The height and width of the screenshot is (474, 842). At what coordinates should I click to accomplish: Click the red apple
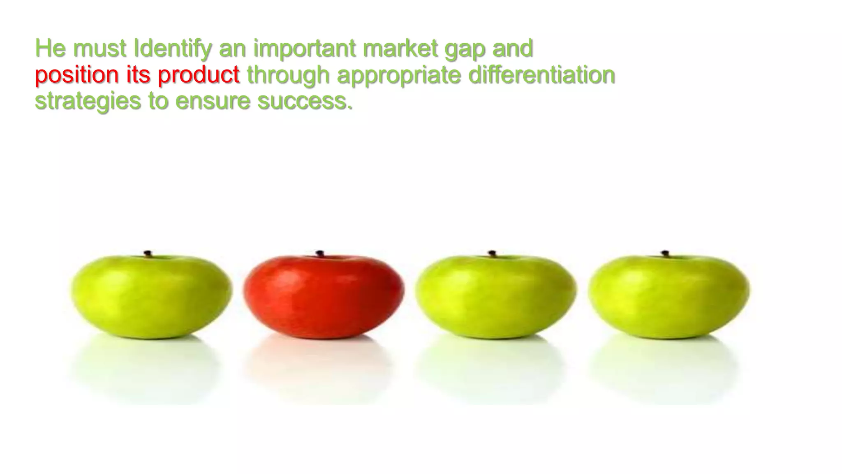point(324,296)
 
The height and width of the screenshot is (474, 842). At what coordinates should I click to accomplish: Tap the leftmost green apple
point(151,296)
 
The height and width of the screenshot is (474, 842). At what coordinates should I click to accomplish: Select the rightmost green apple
point(669,296)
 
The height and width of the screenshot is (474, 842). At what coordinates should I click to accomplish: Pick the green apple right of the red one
point(495,296)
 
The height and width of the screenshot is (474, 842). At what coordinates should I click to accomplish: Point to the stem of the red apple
point(320,253)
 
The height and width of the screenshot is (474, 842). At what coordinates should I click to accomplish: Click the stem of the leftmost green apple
point(148,253)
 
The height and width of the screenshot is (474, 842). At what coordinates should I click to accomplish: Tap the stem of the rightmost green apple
point(665,253)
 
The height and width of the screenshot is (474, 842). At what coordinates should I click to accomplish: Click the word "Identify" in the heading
point(173,49)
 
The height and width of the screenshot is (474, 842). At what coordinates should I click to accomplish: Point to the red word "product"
point(199,75)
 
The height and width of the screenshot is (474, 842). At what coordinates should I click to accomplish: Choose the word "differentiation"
point(541,75)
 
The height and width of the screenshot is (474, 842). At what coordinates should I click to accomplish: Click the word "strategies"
point(88,101)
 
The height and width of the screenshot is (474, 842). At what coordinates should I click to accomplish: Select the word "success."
point(305,101)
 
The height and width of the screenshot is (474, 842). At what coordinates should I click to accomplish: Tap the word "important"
point(304,49)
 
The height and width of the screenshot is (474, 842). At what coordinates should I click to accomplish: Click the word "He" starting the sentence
point(50,49)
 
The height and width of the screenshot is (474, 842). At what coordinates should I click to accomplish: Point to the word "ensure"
point(213,101)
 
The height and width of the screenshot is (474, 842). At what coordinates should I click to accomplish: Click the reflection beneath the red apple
point(321,366)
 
